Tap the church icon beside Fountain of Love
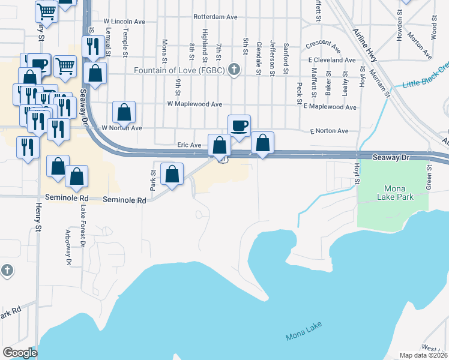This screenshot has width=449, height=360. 235,70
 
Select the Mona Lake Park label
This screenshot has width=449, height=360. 393,191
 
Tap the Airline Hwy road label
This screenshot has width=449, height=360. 367,43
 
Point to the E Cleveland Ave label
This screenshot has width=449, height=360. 332,60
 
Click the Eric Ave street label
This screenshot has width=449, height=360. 189,145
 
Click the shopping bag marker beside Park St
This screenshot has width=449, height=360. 172,175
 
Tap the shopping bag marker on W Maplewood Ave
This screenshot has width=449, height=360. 124,112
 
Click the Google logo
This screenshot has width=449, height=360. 20,353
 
